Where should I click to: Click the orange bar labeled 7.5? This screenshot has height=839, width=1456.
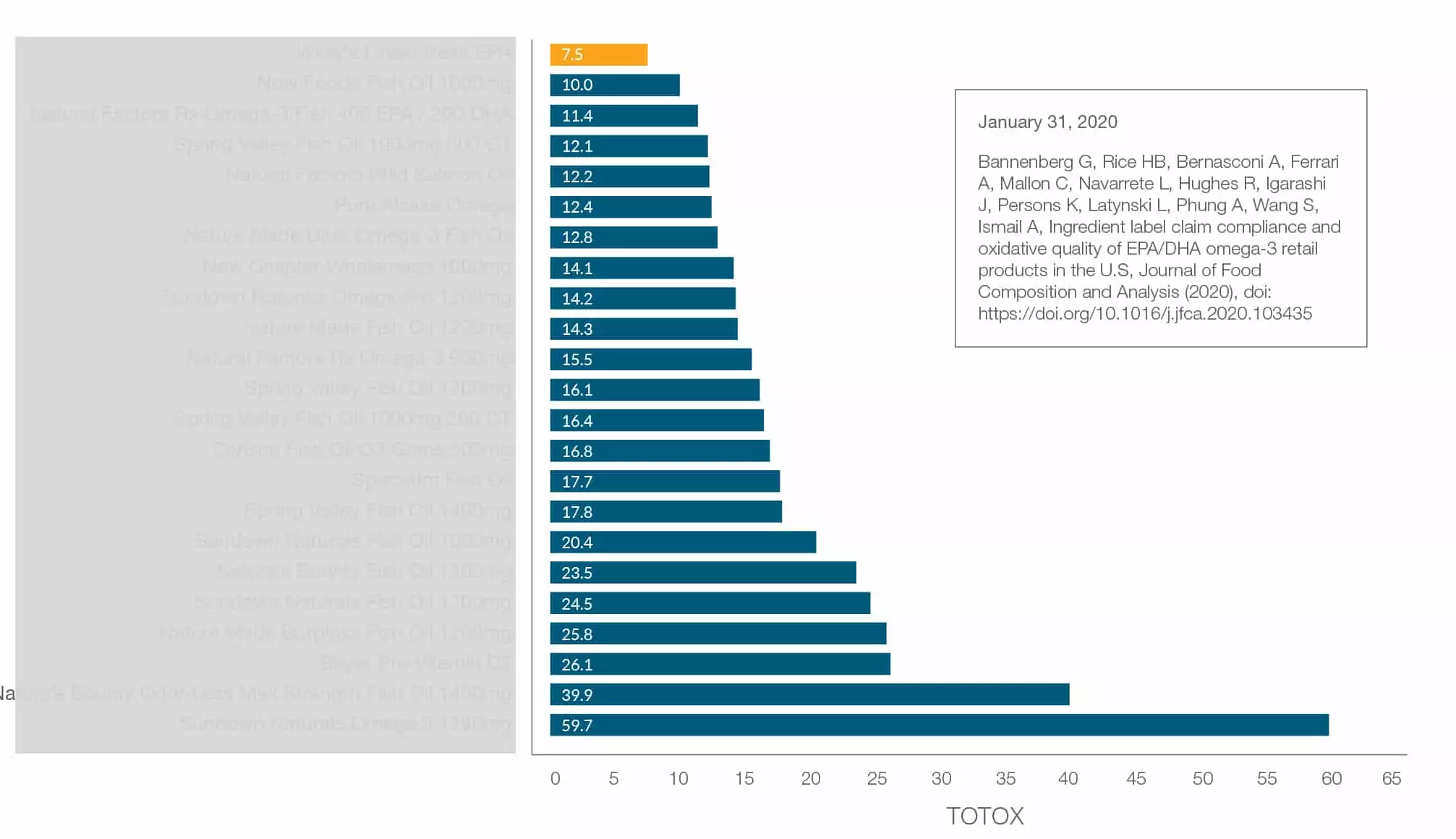tap(598, 55)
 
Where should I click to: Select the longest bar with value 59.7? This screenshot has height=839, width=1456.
tap(939, 725)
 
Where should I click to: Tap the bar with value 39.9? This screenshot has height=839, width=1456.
tap(809, 694)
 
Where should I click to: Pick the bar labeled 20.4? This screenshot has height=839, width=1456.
tap(682, 542)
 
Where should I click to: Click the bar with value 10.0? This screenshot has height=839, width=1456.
tap(614, 85)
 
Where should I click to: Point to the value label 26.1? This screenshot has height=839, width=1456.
tap(576, 665)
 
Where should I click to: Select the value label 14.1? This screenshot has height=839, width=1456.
tap(576, 268)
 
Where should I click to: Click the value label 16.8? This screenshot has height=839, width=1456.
tap(576, 451)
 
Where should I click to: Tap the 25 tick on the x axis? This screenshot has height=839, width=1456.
tap(877, 778)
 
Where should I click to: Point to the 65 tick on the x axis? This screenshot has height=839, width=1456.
tap(1391, 778)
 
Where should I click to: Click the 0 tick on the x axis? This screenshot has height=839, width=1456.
tap(555, 778)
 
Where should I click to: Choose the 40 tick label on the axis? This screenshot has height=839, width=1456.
tap(1068, 778)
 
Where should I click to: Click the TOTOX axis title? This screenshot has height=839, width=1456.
tap(984, 816)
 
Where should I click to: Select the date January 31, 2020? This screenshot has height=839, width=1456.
tap(1047, 122)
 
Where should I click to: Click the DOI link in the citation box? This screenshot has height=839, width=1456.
tap(1144, 313)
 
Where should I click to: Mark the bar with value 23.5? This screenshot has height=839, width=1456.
tap(702, 573)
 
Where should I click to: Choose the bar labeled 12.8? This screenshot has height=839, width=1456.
tap(633, 237)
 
